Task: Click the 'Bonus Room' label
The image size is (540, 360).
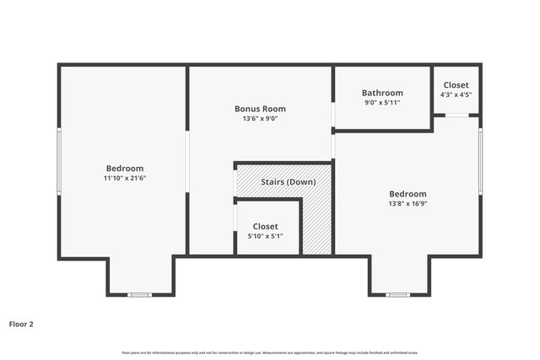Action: click(x=260, y=109)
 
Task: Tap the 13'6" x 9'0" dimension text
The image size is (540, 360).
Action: click(x=260, y=119)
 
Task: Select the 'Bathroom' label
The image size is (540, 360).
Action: click(x=382, y=93)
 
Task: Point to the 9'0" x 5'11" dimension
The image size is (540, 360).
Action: click(x=382, y=103)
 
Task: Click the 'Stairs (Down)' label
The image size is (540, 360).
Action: click(x=288, y=182)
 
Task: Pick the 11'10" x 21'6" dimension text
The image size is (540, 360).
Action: click(x=125, y=178)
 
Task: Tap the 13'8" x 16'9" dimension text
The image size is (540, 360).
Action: click(x=408, y=203)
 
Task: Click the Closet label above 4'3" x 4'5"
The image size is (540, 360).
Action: click(x=456, y=85)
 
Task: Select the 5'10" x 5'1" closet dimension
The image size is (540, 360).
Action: click(x=265, y=236)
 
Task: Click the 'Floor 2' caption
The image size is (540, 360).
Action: click(x=21, y=323)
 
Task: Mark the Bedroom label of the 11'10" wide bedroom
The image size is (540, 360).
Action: click(x=125, y=168)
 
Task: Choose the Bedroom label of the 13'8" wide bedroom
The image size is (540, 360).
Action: click(x=408, y=193)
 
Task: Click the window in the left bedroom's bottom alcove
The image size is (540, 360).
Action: click(x=139, y=294)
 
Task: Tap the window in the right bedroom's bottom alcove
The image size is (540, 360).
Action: click(x=398, y=294)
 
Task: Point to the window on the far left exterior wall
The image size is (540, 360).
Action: click(x=58, y=163)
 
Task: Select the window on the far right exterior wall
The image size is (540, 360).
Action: click(x=481, y=160)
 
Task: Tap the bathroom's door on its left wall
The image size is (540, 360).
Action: click(x=333, y=114)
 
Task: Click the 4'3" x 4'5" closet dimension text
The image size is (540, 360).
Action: click(x=456, y=95)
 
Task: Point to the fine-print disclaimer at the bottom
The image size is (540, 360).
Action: click(x=270, y=352)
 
